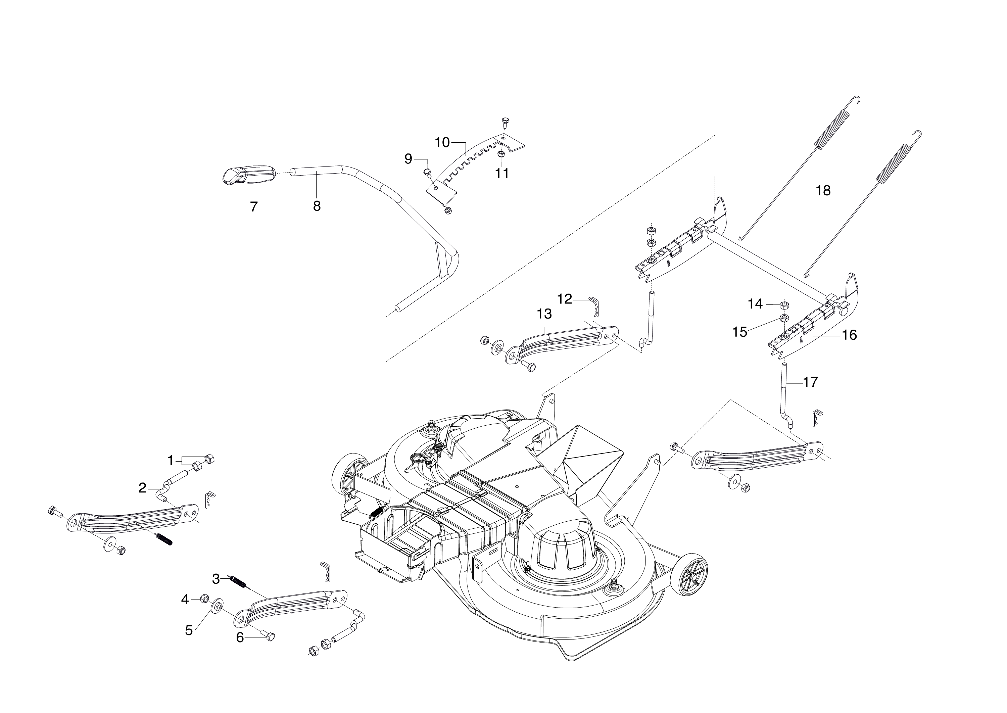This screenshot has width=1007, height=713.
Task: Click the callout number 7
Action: click(253, 207)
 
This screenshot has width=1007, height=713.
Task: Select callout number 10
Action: click(442, 142)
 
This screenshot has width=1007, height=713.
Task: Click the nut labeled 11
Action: click(500, 154)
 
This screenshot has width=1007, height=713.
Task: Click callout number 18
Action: click(823, 191)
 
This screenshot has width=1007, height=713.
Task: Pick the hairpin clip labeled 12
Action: click(594, 305)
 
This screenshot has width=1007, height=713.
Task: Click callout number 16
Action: click(850, 335)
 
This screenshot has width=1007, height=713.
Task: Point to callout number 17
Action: click(810, 382)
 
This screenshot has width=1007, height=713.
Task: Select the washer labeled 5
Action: click(217, 606)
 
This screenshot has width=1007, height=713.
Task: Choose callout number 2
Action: click(142, 488)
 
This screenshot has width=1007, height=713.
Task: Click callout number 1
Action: click(171, 461)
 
